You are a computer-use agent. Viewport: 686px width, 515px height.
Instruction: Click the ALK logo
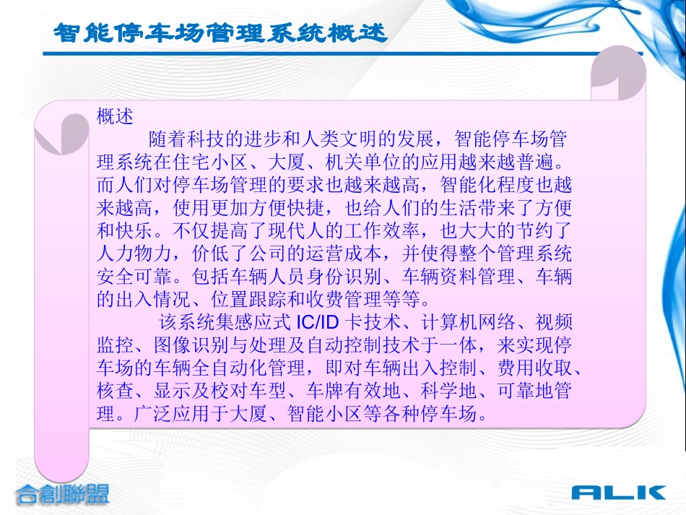pos(618,493)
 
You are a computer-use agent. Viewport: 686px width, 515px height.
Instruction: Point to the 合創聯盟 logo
pos(63,495)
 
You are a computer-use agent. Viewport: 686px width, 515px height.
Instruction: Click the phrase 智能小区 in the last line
pos(324,415)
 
